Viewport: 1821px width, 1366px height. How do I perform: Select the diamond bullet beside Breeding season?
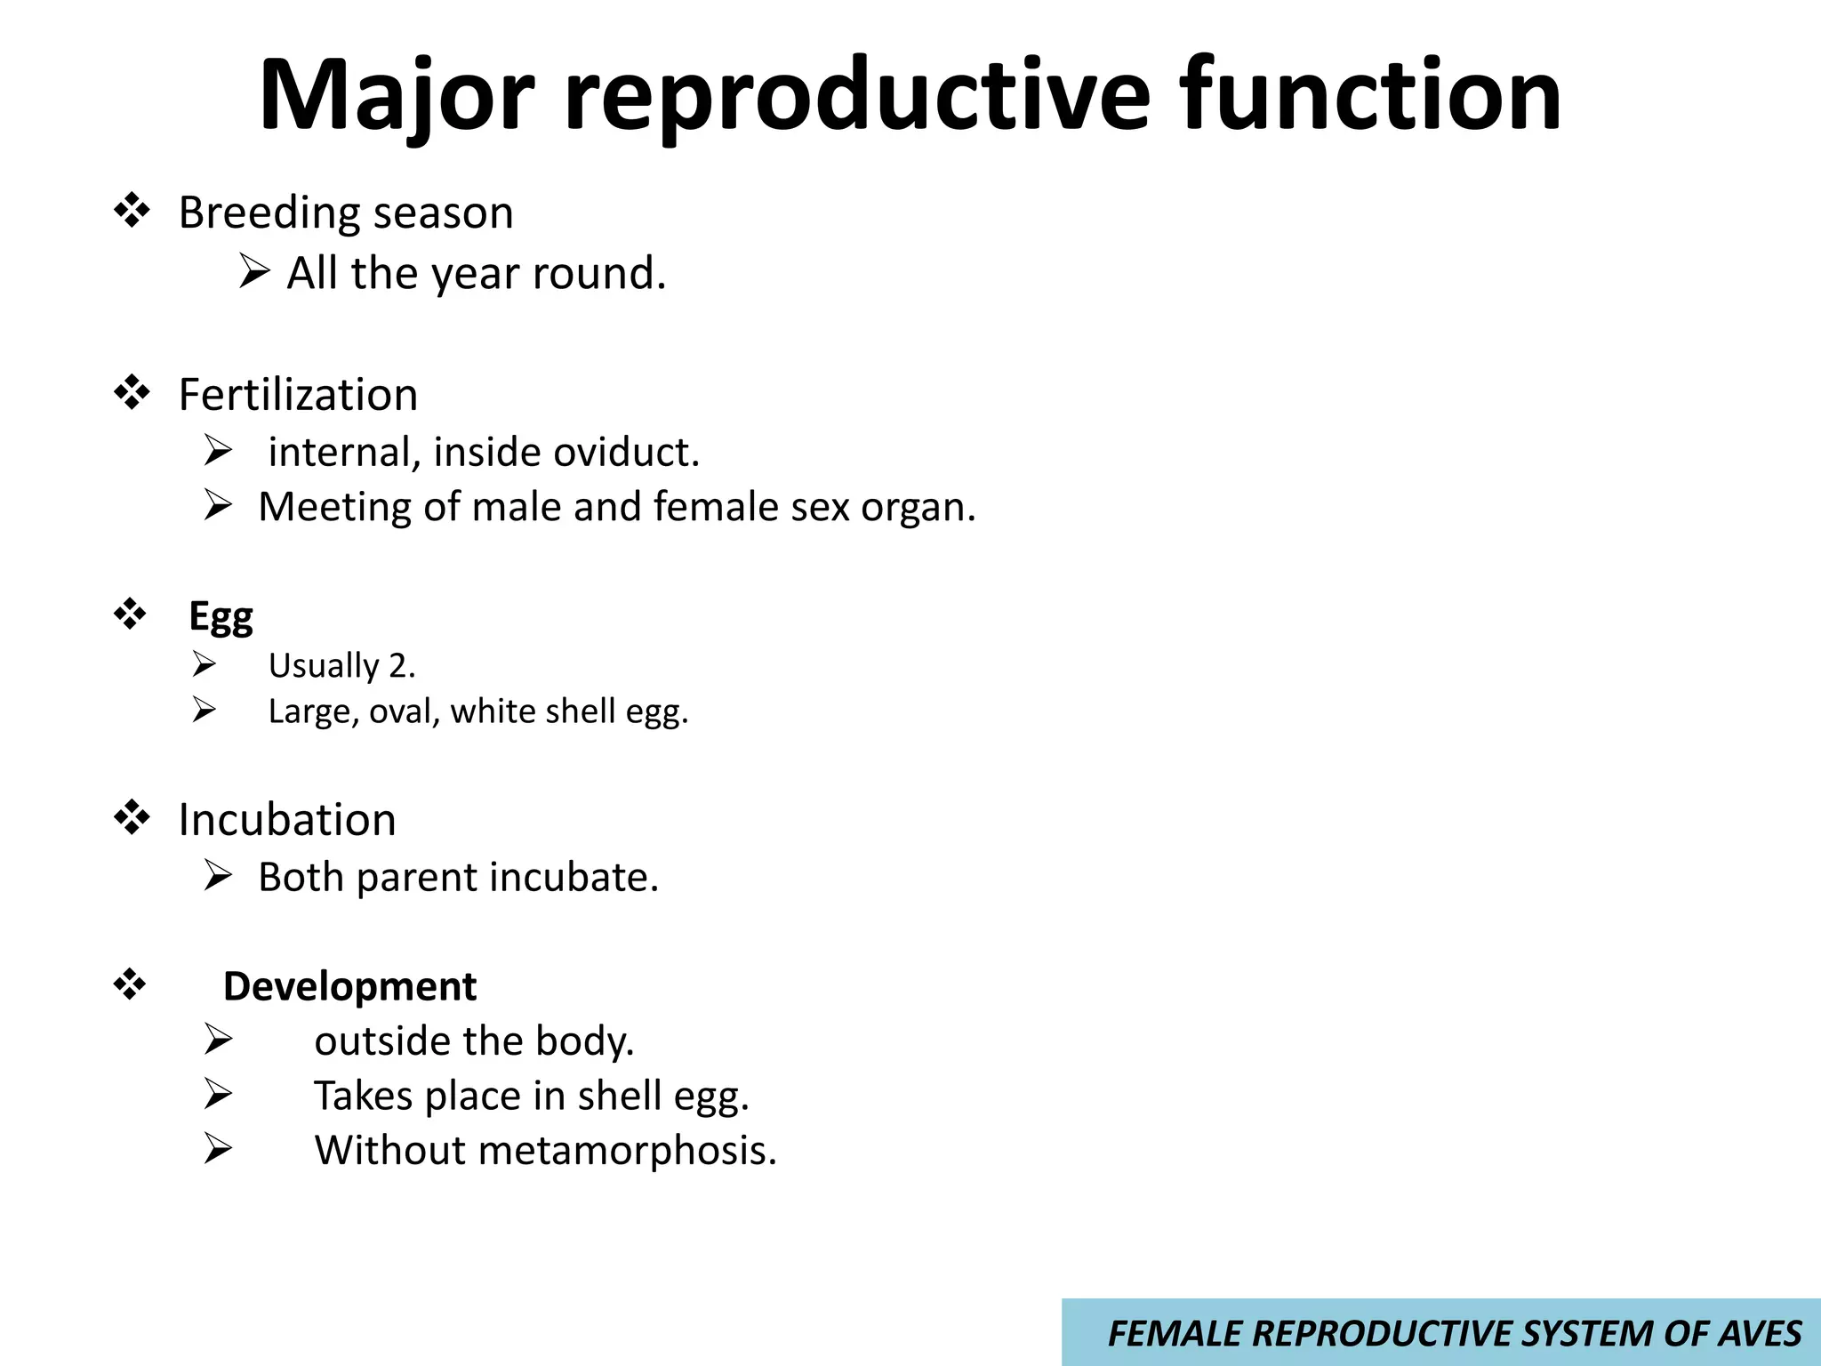[x=132, y=212]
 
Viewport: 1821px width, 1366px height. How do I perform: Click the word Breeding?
[x=269, y=213]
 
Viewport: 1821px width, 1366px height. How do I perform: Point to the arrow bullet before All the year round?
[x=254, y=271]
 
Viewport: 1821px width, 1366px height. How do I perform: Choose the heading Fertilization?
[x=298, y=395]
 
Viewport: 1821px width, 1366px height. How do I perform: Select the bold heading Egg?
[x=221, y=616]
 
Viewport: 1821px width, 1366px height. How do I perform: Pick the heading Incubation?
[x=286, y=819]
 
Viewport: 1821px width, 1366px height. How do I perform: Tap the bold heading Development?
[x=349, y=986]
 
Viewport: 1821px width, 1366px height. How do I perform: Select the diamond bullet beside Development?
[x=131, y=985]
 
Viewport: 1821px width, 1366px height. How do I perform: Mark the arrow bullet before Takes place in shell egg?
[x=217, y=1094]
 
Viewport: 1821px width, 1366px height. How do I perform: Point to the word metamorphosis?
[x=627, y=1150]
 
